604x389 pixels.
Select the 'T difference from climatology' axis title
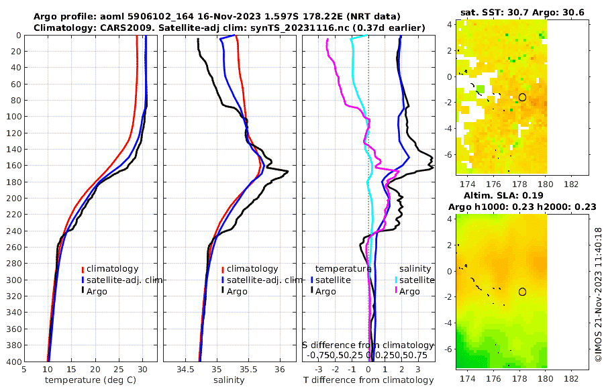[x=368, y=380]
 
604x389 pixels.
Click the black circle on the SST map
[x=522, y=97]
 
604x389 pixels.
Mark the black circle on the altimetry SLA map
[x=522, y=292]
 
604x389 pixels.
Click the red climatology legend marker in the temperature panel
[x=83, y=269]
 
